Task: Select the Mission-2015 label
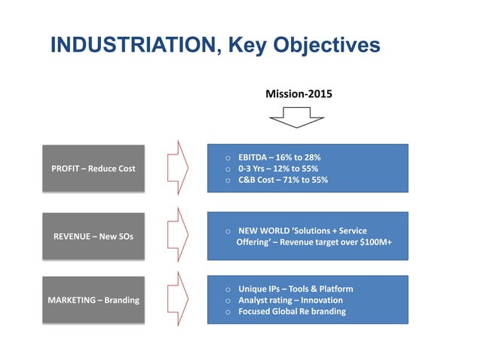299,95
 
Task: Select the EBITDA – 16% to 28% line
279,157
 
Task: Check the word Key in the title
253,46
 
